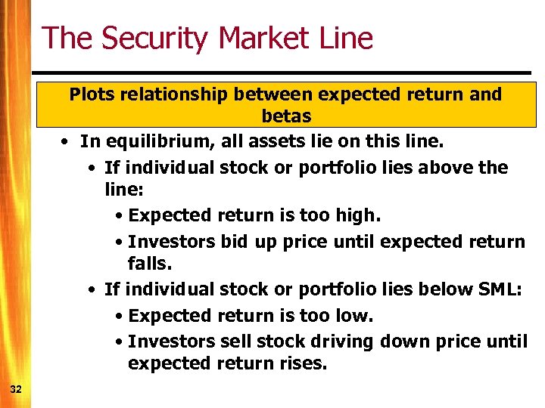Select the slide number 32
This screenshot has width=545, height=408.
click(16, 388)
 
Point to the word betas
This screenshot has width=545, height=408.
click(286, 116)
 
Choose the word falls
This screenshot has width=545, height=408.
click(150, 264)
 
